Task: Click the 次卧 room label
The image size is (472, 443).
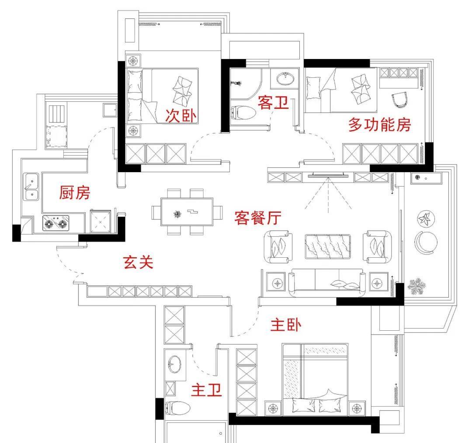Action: (x=181, y=115)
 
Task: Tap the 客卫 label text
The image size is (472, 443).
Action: (x=274, y=103)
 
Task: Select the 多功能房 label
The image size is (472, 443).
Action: (x=379, y=125)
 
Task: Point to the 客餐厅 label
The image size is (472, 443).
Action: (x=257, y=217)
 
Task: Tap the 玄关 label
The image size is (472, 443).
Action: (x=138, y=262)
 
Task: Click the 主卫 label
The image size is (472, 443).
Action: (x=207, y=390)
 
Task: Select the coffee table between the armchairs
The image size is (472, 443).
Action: (x=327, y=247)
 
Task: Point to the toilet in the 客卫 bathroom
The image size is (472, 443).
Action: (x=243, y=113)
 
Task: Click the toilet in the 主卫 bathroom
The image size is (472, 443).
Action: (x=178, y=408)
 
